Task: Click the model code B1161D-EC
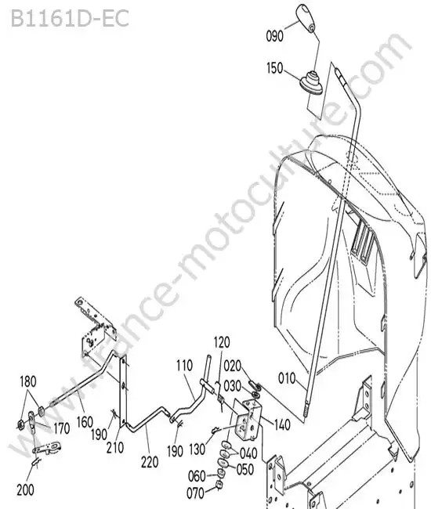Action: (x=70, y=18)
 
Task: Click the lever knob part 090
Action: (x=306, y=18)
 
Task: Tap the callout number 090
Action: (x=275, y=36)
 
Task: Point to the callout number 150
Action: (x=275, y=68)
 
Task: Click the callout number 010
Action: (x=287, y=378)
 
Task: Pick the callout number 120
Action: (x=222, y=342)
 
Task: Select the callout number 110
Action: (x=184, y=366)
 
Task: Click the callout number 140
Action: (x=282, y=424)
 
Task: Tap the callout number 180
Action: (x=28, y=382)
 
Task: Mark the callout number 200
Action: (x=25, y=489)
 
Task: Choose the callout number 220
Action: (x=150, y=462)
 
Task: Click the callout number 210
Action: (x=115, y=448)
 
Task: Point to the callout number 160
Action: (x=85, y=422)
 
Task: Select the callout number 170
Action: (x=61, y=428)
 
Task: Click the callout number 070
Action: (x=196, y=493)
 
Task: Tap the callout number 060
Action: (x=197, y=476)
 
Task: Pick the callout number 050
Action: (x=245, y=469)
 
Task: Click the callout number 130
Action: (x=197, y=449)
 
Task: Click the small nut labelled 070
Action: (x=219, y=486)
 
